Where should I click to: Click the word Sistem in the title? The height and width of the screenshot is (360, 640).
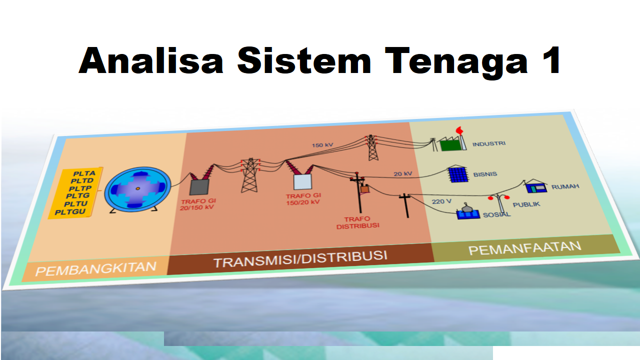(x=304, y=60)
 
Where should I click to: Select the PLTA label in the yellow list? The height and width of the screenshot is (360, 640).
(x=84, y=173)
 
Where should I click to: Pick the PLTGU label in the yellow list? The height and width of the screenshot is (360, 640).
(x=70, y=212)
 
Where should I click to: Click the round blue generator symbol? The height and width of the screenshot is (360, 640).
(x=137, y=189)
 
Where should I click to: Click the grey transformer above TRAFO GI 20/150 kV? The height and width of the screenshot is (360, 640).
(x=199, y=187)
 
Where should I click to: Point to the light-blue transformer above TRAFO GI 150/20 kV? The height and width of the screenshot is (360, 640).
(x=302, y=181)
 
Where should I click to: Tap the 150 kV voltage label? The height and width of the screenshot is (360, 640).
(x=322, y=145)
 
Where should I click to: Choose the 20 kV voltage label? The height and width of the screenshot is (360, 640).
(x=403, y=173)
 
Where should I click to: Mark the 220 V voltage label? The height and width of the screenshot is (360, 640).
(x=441, y=201)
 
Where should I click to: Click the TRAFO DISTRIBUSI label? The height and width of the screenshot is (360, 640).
(x=357, y=222)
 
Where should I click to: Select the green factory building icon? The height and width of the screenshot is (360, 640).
(x=450, y=144)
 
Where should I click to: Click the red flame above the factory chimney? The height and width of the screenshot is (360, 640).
(x=459, y=130)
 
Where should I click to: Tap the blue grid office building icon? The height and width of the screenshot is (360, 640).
(x=458, y=173)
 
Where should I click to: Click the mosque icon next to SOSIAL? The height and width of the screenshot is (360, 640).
(x=467, y=211)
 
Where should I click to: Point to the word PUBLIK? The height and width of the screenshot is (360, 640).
(x=526, y=204)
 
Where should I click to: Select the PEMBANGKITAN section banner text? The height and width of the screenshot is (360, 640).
(x=95, y=269)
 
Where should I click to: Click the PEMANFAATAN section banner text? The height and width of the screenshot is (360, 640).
(x=525, y=248)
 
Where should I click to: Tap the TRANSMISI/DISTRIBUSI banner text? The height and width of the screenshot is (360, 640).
(x=300, y=259)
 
